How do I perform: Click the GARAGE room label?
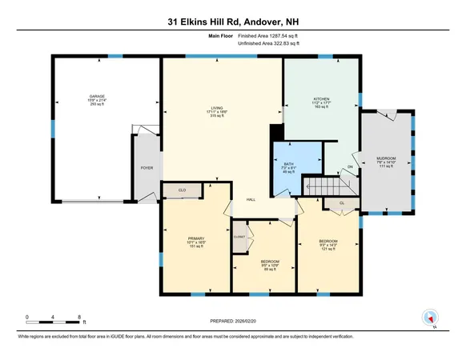(97, 96)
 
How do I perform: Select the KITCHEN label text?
(321, 100)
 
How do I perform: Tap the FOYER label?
(147, 168)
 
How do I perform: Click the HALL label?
(250, 199)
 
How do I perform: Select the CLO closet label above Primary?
(183, 190)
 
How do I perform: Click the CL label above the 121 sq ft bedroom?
(341, 203)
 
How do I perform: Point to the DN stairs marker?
(349, 167)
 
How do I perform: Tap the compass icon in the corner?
(428, 318)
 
